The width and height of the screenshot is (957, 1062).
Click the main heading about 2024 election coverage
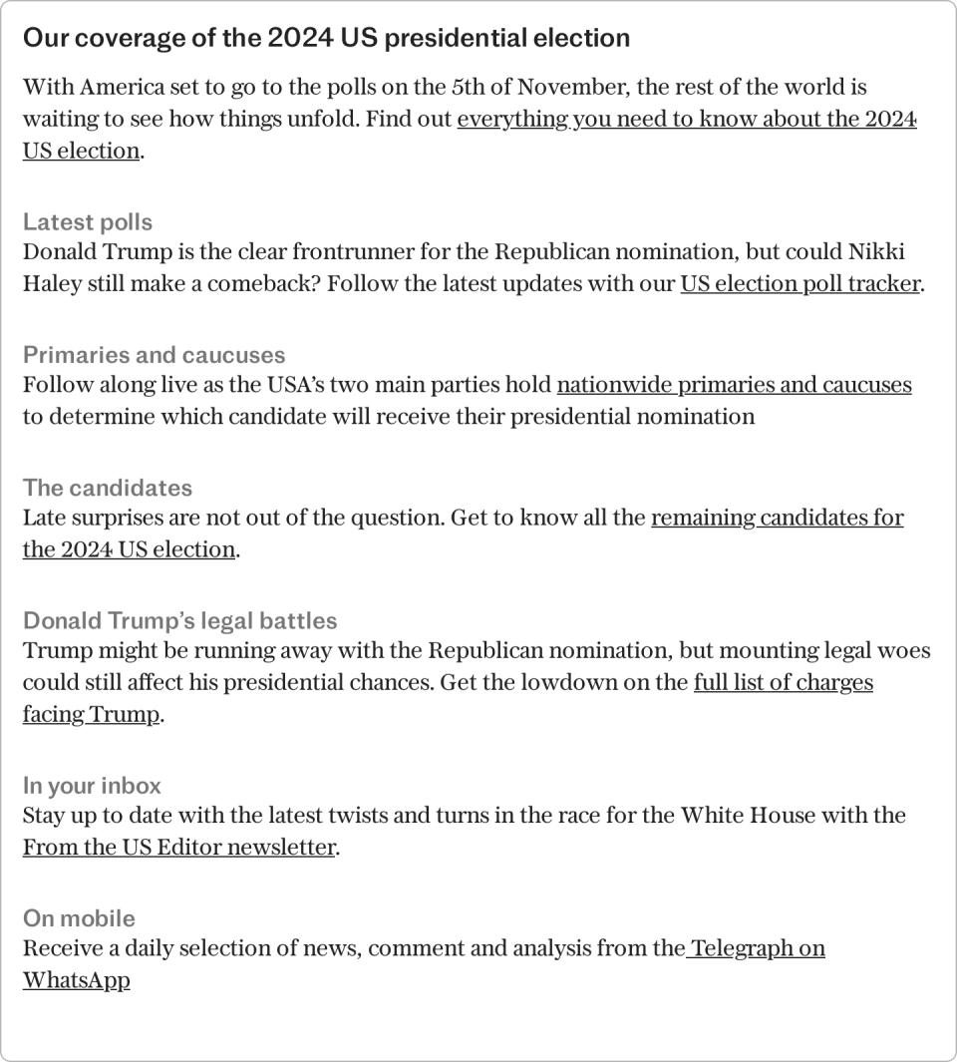tap(326, 38)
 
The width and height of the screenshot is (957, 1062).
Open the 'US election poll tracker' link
tap(799, 283)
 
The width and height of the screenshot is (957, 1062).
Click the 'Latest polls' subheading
tap(88, 221)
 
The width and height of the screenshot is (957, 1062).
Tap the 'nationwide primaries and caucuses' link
tap(734, 385)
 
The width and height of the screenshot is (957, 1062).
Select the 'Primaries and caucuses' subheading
tap(154, 355)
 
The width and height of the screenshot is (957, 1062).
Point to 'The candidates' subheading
tap(108, 488)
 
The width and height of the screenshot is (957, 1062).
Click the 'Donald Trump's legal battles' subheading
tap(180, 620)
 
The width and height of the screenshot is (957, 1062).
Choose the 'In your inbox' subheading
tap(92, 786)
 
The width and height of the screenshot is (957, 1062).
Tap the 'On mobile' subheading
tap(79, 918)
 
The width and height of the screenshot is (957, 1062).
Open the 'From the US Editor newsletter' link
tap(179, 848)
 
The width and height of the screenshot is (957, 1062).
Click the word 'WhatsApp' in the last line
tap(77, 980)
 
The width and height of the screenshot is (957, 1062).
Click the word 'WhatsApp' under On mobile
tap(77, 980)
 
